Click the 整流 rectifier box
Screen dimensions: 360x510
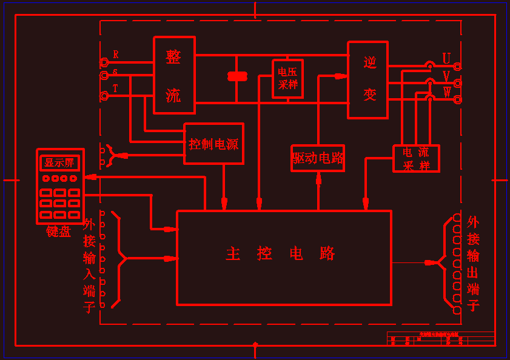pos(174,75)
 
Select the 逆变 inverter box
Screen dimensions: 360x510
pos(367,80)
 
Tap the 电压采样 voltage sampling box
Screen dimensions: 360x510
pos(287,79)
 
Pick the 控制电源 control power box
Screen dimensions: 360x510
pos(213,144)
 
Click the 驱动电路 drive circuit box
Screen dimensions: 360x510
pos(318,158)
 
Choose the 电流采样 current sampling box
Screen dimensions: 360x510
pos(416,158)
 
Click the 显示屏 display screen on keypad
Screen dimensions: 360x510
pos(59,162)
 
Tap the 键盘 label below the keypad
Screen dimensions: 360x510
pos(59,232)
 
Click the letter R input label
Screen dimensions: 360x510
pos(116,55)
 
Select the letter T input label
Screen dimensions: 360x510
pos(115,88)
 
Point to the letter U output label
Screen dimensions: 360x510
pos(446,59)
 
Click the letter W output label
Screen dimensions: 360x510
pos(447,92)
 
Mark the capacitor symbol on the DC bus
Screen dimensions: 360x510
pos(237,76)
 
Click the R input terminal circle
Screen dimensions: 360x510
pos(104,62)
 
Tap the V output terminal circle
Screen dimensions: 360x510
pos(457,83)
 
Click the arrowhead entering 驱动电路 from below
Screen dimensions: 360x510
pos(318,177)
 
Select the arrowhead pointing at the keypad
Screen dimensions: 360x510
pos(91,177)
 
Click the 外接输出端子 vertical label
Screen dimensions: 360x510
pos(473,263)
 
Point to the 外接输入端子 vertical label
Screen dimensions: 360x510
pos(89,265)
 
